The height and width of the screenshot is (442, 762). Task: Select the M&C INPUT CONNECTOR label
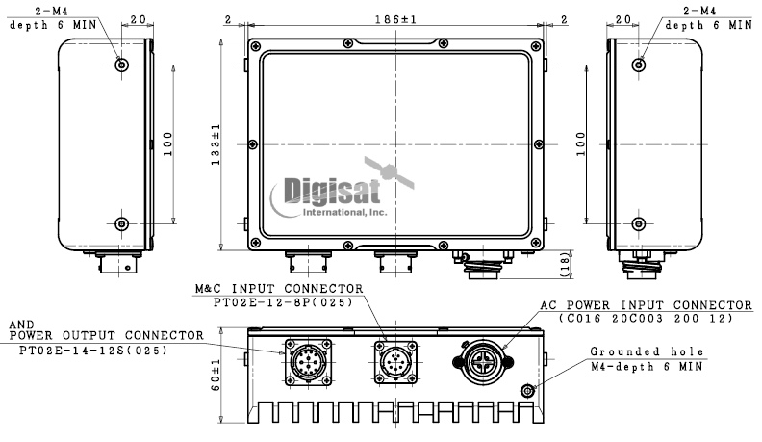[279, 288]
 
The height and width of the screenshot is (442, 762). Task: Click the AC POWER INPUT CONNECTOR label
[646, 305]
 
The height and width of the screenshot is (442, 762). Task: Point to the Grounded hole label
[647, 351]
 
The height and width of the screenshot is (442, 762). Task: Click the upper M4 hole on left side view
[120, 65]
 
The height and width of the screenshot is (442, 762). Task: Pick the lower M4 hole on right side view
[639, 223]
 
